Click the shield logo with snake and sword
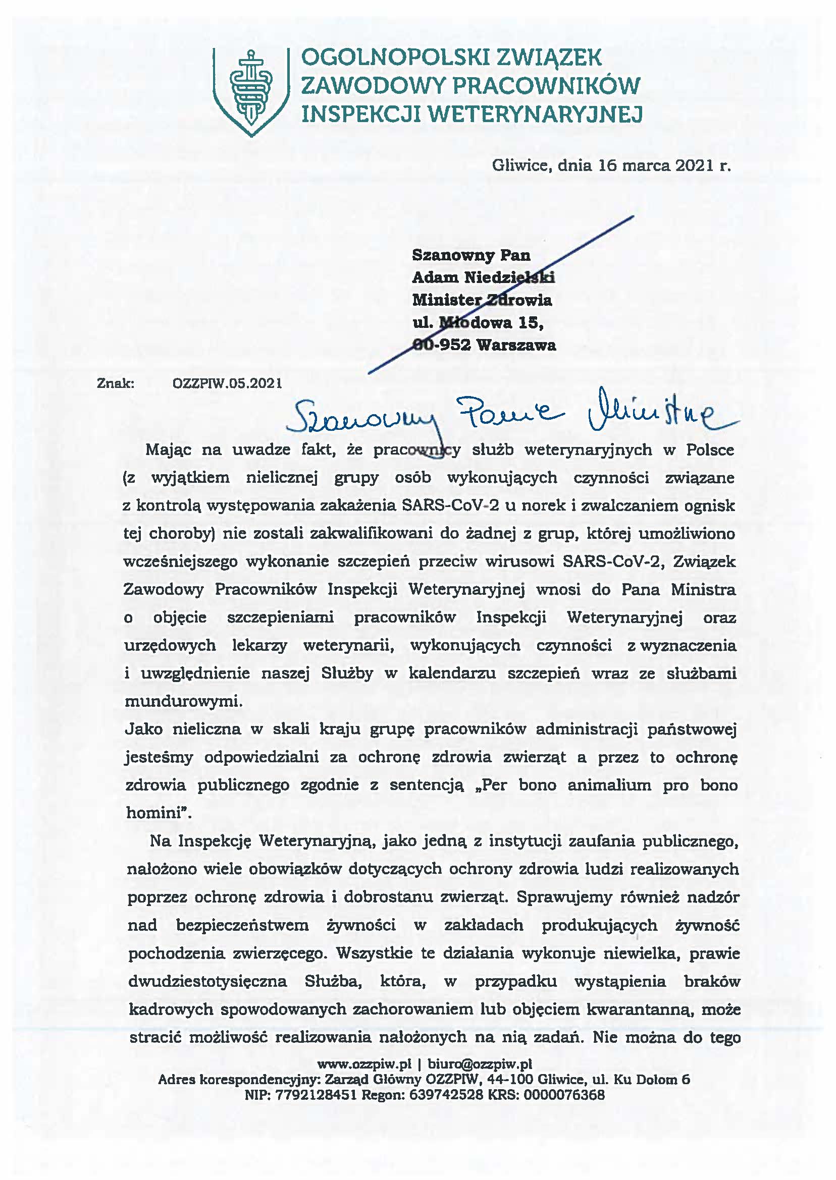pos(251,92)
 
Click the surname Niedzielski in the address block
pos(510,278)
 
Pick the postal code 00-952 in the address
pos(442,345)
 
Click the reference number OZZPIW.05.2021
pos(228,383)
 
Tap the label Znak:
pos(116,383)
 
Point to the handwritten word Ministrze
pos(659,415)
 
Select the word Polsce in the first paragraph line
pos(710,449)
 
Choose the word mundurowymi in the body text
pos(183,702)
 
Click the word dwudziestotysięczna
pos(207,981)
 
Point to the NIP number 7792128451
pos(316,1095)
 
